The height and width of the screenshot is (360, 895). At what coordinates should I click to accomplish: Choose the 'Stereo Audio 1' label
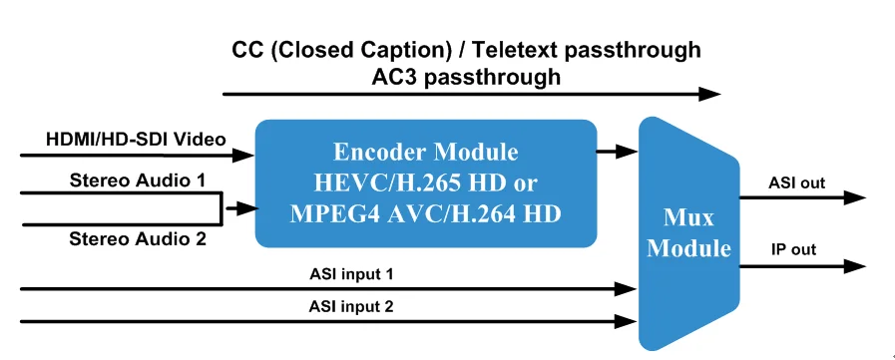137,180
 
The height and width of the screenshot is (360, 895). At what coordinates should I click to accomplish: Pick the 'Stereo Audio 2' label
137,239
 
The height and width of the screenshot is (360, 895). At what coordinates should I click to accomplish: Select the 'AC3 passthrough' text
467,76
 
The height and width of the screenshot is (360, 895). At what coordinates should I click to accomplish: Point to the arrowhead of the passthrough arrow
709,95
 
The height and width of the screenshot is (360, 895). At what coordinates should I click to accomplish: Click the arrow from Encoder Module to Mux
618,152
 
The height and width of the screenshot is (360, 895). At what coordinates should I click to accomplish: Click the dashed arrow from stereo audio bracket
238,209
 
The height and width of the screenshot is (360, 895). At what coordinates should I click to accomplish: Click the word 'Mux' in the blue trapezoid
688,216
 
